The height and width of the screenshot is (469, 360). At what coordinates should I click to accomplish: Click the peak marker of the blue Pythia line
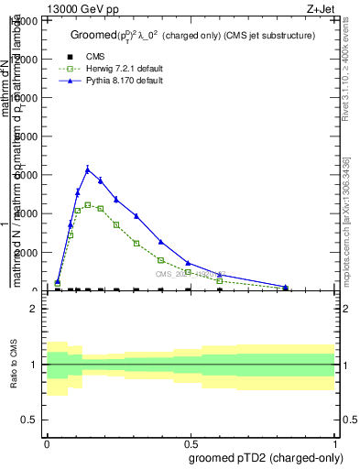(x=88, y=169)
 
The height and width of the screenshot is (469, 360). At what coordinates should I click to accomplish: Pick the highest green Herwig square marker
(x=88, y=204)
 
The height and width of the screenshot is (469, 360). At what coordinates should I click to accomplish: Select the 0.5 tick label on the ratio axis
(x=29, y=420)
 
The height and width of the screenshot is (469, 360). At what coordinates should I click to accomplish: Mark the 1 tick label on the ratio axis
(x=33, y=365)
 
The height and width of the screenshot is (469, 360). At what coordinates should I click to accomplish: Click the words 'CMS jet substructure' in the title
(x=272, y=35)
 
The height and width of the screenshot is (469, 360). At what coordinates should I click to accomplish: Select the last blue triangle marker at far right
(x=285, y=287)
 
